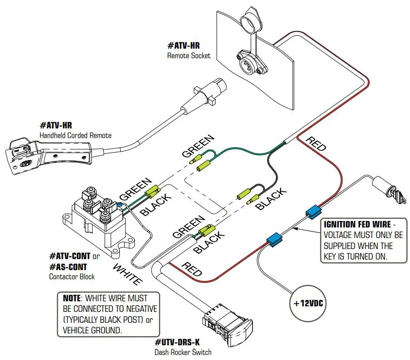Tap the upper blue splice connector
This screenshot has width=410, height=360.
pyautogui.click(x=313, y=211)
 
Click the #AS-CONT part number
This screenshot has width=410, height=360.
pyautogui.click(x=68, y=267)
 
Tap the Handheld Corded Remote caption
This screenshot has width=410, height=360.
pyautogui.click(x=75, y=135)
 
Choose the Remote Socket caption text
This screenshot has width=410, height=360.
pyautogui.click(x=189, y=55)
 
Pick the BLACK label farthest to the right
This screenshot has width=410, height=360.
pyautogui.click(x=271, y=199)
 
